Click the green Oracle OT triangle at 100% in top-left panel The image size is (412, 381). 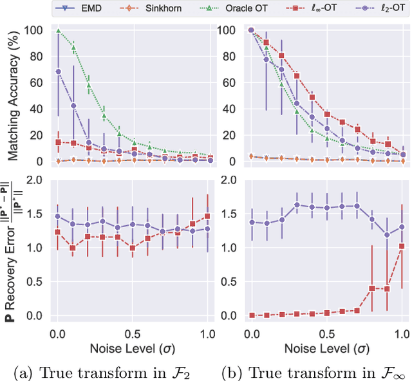tap(58, 30)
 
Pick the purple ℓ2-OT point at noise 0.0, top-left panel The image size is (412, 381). tap(58, 71)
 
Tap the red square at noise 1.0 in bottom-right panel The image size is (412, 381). tap(403, 246)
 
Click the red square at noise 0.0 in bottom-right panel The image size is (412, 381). tap(252, 315)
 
